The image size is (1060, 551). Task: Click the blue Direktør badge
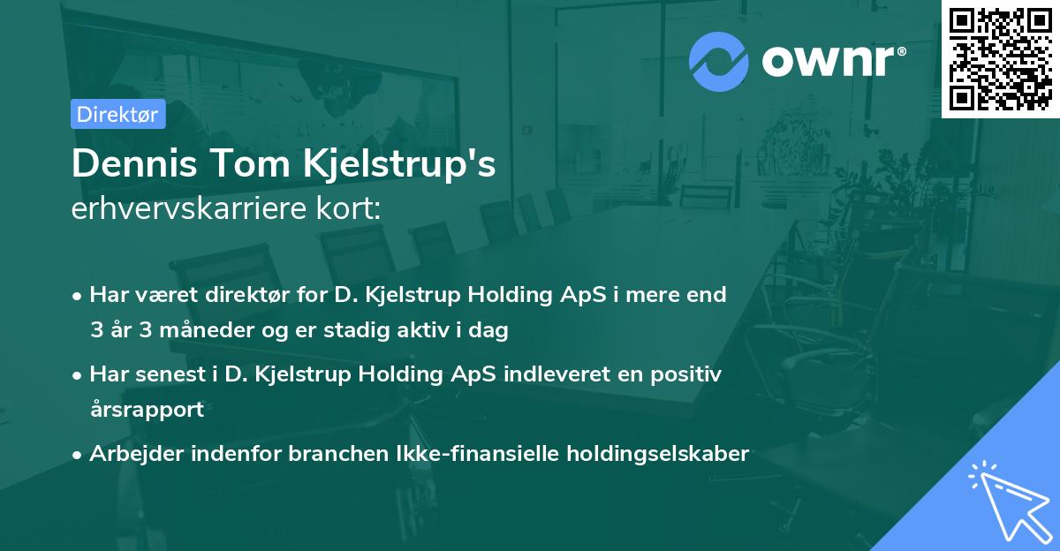(118, 114)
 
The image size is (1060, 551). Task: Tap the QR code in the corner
(1000, 59)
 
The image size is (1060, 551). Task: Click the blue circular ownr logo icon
(718, 62)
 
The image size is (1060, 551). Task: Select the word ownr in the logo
(829, 61)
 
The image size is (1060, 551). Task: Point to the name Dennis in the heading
(134, 163)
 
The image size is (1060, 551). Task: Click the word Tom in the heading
(250, 163)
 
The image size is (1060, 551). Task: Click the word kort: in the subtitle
(348, 208)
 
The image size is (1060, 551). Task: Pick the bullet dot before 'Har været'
(77, 297)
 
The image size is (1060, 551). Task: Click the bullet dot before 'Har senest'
(77, 376)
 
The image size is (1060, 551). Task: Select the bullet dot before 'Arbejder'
(77, 456)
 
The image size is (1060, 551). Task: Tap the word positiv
(685, 374)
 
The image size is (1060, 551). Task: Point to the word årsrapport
(148, 409)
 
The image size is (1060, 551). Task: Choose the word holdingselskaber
(658, 454)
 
